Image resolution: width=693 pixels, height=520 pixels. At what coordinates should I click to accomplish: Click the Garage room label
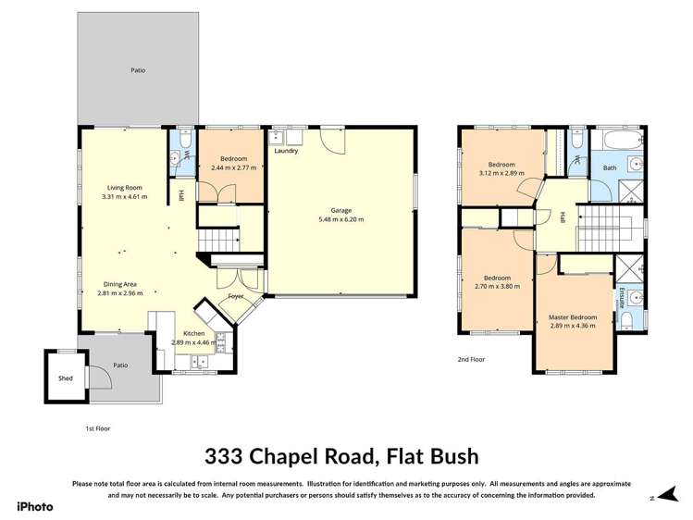click(x=340, y=210)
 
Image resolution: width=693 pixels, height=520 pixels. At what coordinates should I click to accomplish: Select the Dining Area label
click(x=120, y=284)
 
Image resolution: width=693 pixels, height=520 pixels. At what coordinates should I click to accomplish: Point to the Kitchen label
click(x=193, y=333)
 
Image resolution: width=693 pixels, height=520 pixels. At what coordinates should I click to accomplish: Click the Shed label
click(x=65, y=378)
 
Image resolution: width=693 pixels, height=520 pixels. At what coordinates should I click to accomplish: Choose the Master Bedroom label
click(x=573, y=317)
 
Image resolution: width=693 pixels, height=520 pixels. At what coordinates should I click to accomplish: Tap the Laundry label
click(x=286, y=151)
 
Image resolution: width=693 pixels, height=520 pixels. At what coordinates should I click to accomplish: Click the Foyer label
click(x=237, y=296)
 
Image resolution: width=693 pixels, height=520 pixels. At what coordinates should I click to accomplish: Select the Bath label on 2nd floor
click(x=610, y=167)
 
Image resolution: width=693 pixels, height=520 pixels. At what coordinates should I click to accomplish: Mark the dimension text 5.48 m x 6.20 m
click(x=340, y=219)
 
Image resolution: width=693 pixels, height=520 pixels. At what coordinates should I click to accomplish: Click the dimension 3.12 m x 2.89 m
click(x=501, y=173)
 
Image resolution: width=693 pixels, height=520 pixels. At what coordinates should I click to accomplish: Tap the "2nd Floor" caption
click(x=471, y=359)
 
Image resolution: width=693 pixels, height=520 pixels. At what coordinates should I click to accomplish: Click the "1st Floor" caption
click(x=97, y=428)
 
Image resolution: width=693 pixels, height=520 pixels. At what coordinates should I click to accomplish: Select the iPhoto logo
click(x=35, y=506)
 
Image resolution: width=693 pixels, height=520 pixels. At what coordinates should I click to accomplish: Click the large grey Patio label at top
click(x=138, y=70)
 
